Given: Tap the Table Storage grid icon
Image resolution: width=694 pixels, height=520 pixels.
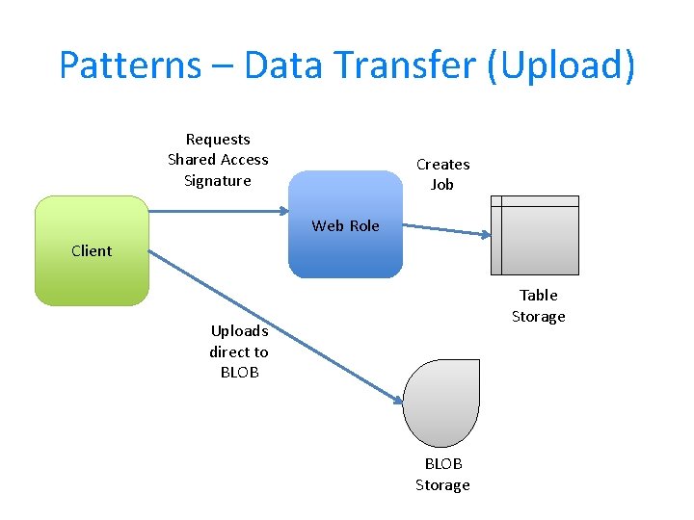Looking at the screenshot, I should tap(535, 236).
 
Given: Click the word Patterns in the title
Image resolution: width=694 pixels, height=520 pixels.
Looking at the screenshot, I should tap(130, 65).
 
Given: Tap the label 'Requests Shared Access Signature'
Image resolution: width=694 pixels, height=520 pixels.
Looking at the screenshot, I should tap(218, 160).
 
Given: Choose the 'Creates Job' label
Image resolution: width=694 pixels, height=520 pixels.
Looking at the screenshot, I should tap(442, 174).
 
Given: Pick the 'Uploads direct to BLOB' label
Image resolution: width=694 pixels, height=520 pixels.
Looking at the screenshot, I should tap(239, 351).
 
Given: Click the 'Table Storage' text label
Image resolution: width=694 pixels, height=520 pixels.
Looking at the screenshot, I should tap(539, 306).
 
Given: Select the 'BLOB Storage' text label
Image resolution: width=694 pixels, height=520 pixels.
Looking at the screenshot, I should tap(442, 475).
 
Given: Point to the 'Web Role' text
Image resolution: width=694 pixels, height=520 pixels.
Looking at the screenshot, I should tap(345, 226).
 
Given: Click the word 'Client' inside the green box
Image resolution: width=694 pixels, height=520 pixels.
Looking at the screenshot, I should tap(92, 251).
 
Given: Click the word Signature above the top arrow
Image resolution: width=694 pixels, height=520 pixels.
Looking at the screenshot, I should tap(217, 181).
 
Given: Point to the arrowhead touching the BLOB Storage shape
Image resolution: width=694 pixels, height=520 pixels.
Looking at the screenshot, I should tap(398, 399).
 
